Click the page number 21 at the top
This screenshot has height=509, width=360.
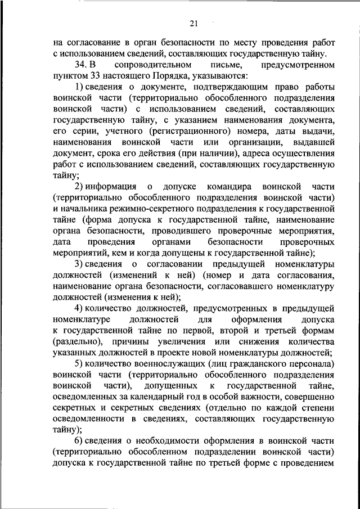194,23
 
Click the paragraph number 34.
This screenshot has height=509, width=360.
82,65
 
